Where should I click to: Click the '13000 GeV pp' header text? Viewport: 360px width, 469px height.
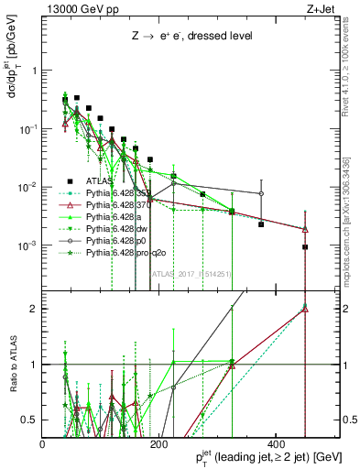pyautogui.click(x=81, y=10)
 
